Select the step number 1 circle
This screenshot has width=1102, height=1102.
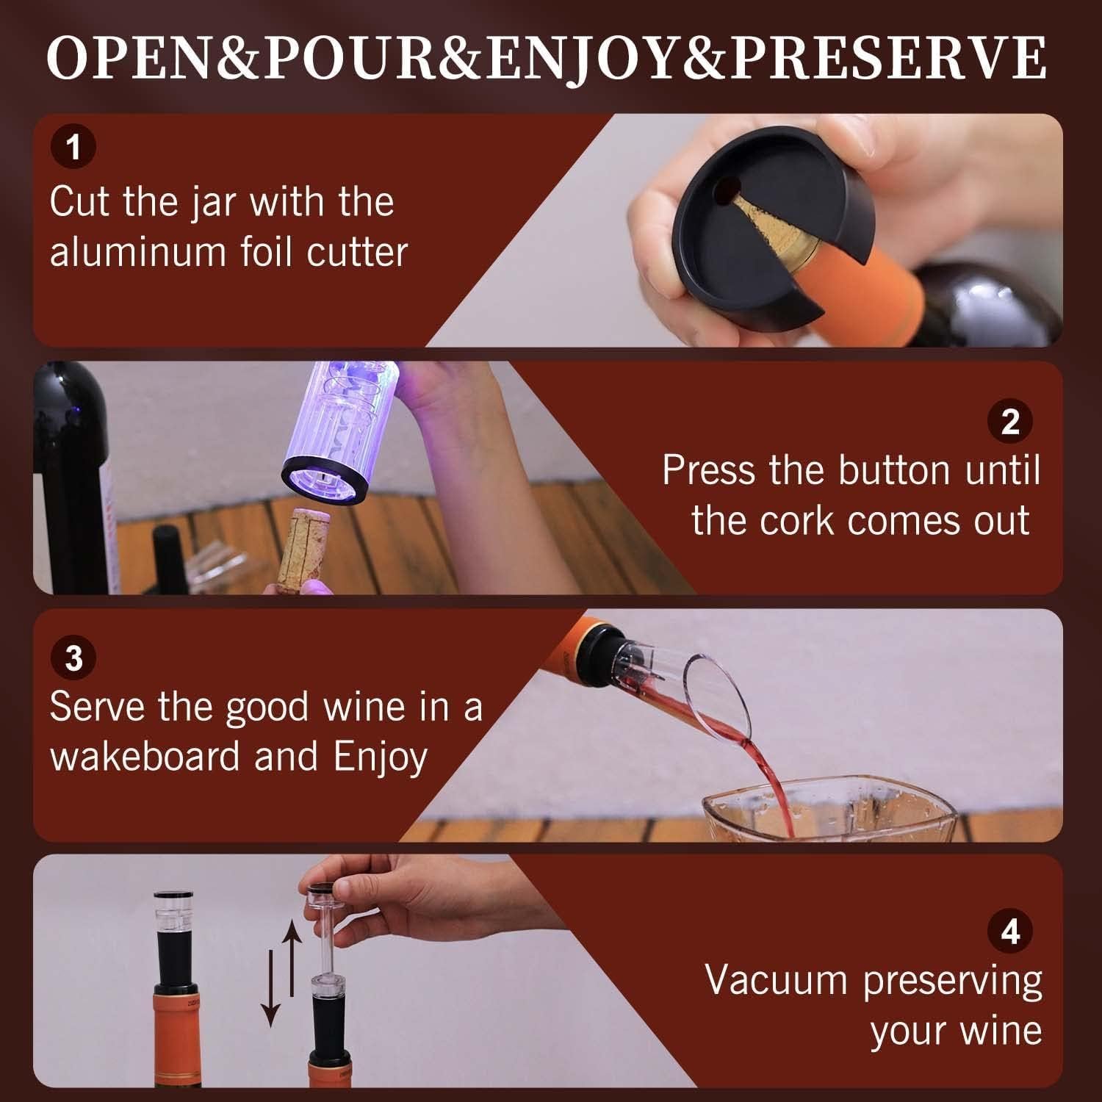pyautogui.click(x=73, y=147)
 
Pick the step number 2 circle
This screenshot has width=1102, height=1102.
pyautogui.click(x=1010, y=422)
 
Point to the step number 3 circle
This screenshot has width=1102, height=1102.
pyautogui.click(x=73, y=658)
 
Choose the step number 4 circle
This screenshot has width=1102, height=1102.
pyautogui.click(x=1010, y=932)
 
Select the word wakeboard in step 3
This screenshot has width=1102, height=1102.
pyautogui.click(x=145, y=757)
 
